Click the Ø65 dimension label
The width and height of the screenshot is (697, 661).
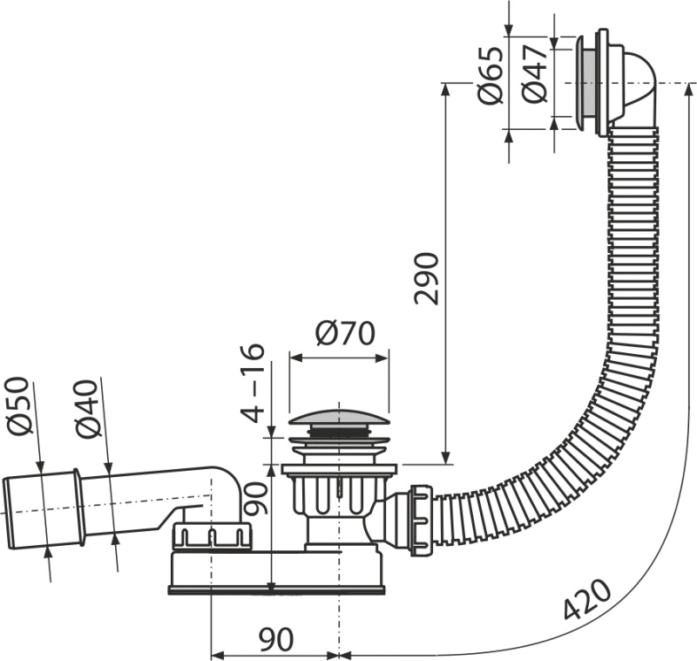click(x=491, y=75)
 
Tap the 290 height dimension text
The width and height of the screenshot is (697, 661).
click(x=426, y=277)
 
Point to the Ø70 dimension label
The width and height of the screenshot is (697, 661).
click(x=344, y=334)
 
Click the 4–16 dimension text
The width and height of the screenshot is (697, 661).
click(x=252, y=382)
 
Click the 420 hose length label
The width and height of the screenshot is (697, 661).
click(x=585, y=598)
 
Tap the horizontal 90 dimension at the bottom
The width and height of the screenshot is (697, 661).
click(x=274, y=639)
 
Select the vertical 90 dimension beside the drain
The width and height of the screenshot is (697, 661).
click(x=254, y=501)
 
